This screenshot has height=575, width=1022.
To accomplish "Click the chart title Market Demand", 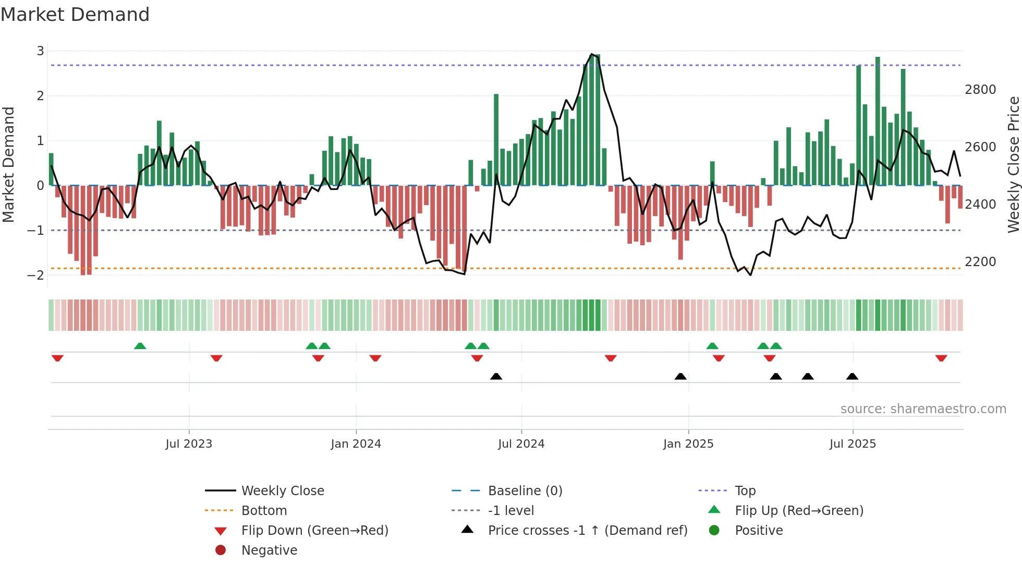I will (x=75, y=15).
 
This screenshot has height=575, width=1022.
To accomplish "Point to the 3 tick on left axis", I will (x=40, y=51).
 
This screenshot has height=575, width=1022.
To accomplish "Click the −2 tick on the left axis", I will (x=36, y=275).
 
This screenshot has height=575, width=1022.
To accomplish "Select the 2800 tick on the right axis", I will (x=980, y=90).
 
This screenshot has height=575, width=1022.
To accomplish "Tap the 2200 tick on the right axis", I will (x=980, y=262).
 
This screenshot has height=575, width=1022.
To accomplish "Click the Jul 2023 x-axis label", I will (x=189, y=444).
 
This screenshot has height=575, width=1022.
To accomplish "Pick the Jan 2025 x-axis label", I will (x=688, y=444).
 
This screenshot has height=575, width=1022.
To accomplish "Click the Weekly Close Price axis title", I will (x=1013, y=164).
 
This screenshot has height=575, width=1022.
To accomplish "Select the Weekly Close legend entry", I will (x=282, y=491).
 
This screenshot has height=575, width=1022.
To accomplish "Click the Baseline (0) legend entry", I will (x=525, y=491).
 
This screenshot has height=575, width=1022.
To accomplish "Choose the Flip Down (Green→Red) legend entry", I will (x=314, y=531).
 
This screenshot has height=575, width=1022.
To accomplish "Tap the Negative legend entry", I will (x=269, y=550).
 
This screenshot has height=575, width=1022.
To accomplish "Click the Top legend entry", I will (x=745, y=491).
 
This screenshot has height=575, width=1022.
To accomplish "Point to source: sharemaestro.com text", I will (x=923, y=409).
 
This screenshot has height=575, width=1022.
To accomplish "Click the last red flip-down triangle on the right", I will (x=941, y=358).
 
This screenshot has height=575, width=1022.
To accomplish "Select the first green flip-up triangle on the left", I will (x=140, y=346).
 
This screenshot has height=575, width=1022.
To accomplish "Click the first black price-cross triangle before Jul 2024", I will (x=496, y=376).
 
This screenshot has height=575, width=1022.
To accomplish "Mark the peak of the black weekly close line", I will (x=591, y=54).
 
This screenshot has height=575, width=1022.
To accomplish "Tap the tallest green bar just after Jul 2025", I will (x=878, y=120).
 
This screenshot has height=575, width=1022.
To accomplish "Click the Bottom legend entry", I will (x=264, y=511).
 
